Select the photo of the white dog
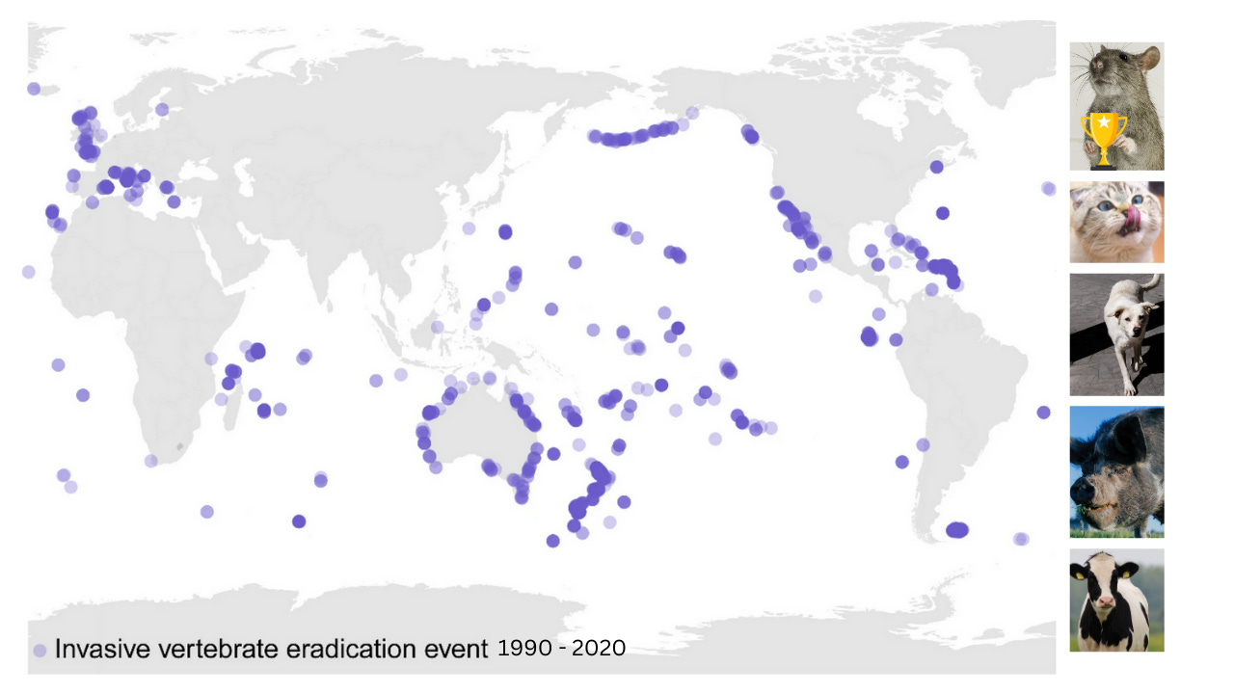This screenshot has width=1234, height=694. pyautogui.click(x=1116, y=334)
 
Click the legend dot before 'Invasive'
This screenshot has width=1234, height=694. pyautogui.click(x=40, y=651)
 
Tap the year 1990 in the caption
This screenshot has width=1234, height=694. pyautogui.click(x=523, y=649)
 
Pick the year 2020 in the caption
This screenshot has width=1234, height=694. pyautogui.click(x=599, y=649)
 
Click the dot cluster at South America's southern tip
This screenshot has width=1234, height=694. pyautogui.click(x=957, y=529)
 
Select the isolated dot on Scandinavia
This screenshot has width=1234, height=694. pyautogui.click(x=162, y=109)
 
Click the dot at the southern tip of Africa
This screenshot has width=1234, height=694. pyautogui.click(x=151, y=461)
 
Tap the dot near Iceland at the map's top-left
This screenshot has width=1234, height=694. pyautogui.click(x=34, y=89)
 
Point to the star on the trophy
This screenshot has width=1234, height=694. pyautogui.click(x=1104, y=122)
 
